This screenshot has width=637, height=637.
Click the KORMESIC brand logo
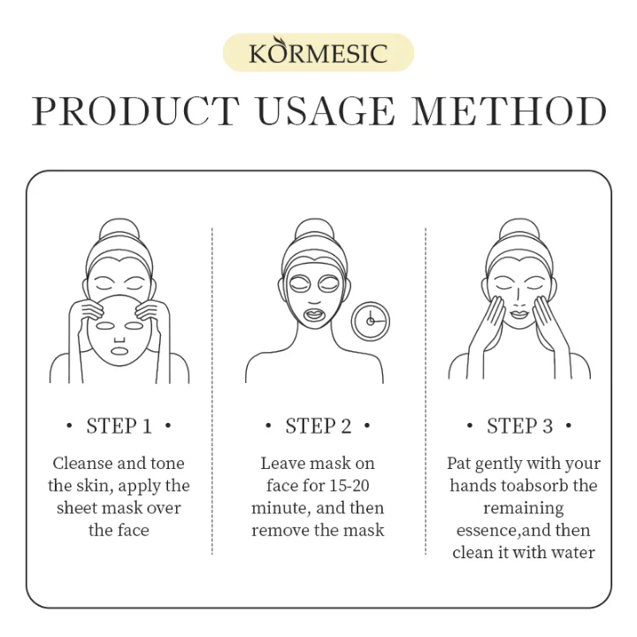point(318,52)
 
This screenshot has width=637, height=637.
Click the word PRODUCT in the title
point(135,112)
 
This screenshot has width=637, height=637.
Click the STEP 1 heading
point(119,426)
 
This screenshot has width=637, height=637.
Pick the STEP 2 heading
point(318,426)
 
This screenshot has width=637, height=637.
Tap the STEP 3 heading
point(519,426)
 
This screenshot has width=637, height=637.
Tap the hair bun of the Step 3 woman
point(518,233)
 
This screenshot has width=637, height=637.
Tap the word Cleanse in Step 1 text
point(81,464)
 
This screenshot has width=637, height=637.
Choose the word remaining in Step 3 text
point(523,508)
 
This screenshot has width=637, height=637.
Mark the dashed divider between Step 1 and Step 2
point(212,389)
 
